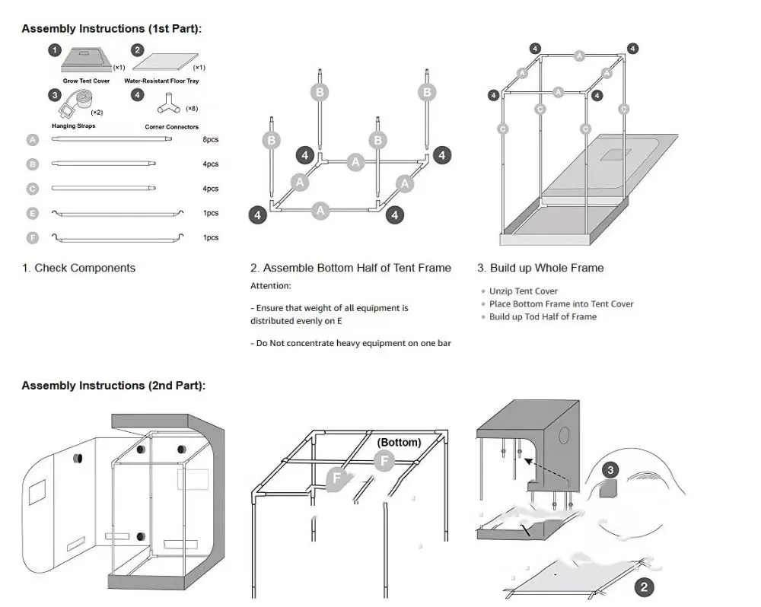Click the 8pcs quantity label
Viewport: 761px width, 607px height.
211,140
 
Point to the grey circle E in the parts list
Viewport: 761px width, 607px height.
32,213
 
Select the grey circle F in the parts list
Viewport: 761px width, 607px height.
32,237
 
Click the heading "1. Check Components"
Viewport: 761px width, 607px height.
79,268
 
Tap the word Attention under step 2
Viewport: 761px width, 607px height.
270,286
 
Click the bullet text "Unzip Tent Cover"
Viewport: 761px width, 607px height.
524,291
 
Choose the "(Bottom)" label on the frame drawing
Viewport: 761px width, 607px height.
399,442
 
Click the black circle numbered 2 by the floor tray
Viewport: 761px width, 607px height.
644,586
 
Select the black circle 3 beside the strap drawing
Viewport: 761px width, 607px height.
610,470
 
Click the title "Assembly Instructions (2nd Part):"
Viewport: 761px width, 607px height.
113,386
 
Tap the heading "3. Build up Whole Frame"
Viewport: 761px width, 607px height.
540,268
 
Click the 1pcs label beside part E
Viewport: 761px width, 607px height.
211,213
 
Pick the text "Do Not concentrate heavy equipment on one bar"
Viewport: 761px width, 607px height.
351,344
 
